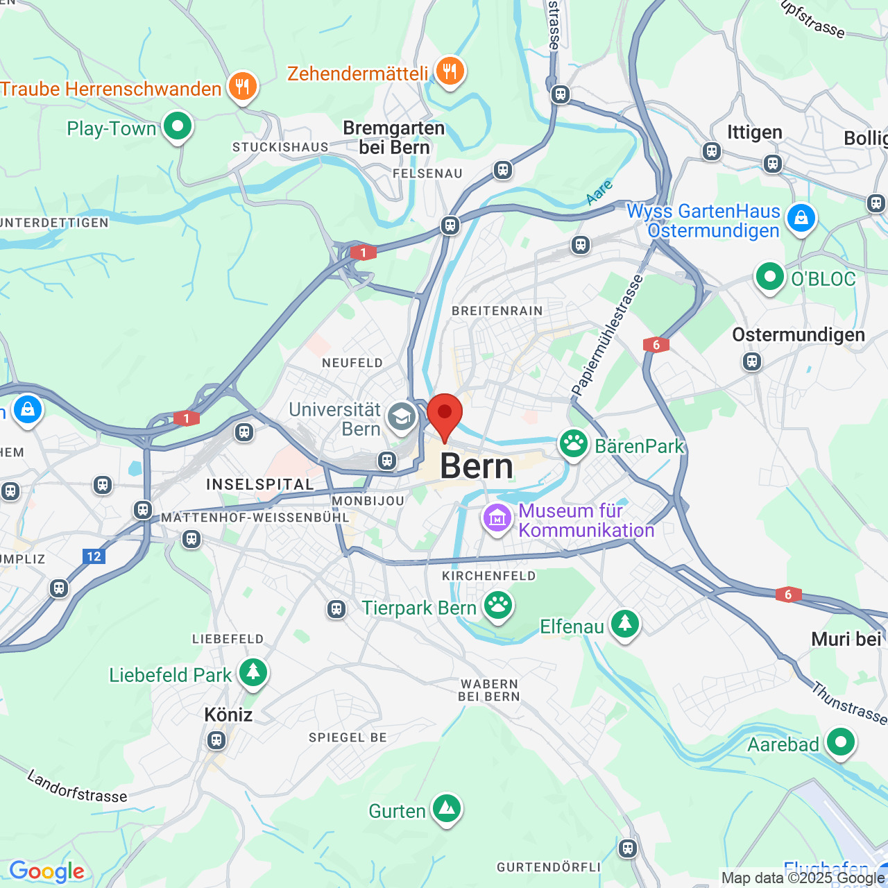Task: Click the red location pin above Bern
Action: [x=445, y=414]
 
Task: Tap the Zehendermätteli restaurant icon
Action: [x=450, y=71]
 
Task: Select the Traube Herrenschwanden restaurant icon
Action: [x=242, y=87]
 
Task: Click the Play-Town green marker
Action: [x=178, y=126]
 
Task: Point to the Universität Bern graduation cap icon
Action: [x=402, y=417]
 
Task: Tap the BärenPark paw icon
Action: [x=574, y=444]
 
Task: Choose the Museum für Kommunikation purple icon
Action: [x=497, y=518]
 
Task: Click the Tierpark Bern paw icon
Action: [x=498, y=606]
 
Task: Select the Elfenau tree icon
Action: [x=625, y=624]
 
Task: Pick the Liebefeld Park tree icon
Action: [x=253, y=672]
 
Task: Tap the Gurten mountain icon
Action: [x=447, y=808]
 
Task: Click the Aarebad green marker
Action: [x=841, y=742]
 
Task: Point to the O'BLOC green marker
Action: [x=769, y=277]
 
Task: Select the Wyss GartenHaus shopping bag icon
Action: [x=801, y=219]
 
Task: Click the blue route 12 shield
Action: [x=94, y=556]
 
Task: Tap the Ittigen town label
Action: [x=754, y=132]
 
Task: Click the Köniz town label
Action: [x=228, y=714]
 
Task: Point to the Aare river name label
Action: [x=599, y=191]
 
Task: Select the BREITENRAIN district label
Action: [x=497, y=311]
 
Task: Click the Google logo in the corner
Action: [x=46, y=871]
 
